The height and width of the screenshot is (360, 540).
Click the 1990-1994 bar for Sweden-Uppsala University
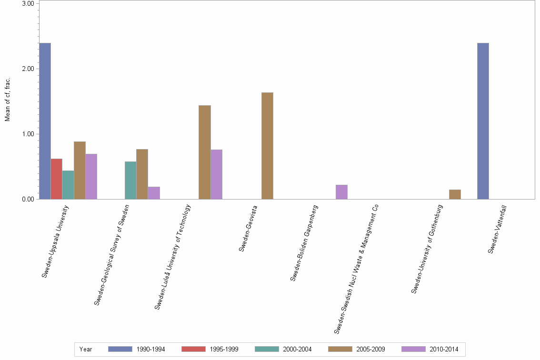pos(45,121)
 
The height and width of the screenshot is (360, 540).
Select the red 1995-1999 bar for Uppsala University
pos(56,179)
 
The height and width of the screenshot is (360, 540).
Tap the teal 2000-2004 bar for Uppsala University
pos(68,185)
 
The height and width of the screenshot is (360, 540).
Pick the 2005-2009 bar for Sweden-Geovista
pos(267,146)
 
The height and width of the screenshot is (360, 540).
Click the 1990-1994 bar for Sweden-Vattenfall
pos(482,121)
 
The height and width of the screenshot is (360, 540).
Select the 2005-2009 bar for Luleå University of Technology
pos(204,152)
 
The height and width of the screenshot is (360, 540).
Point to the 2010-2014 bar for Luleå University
pos(216,174)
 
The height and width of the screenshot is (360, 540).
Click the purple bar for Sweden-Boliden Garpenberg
pos(341,192)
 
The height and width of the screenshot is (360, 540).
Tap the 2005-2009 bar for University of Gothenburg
pos(455,194)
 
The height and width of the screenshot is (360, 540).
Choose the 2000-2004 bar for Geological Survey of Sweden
pos(130,180)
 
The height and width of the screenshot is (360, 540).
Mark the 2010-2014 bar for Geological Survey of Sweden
pos(154,193)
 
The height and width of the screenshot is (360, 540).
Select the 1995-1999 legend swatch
pos(193,350)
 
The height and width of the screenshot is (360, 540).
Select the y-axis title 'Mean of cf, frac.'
pos(8,99)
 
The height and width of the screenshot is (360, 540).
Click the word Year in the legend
pos(86,350)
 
